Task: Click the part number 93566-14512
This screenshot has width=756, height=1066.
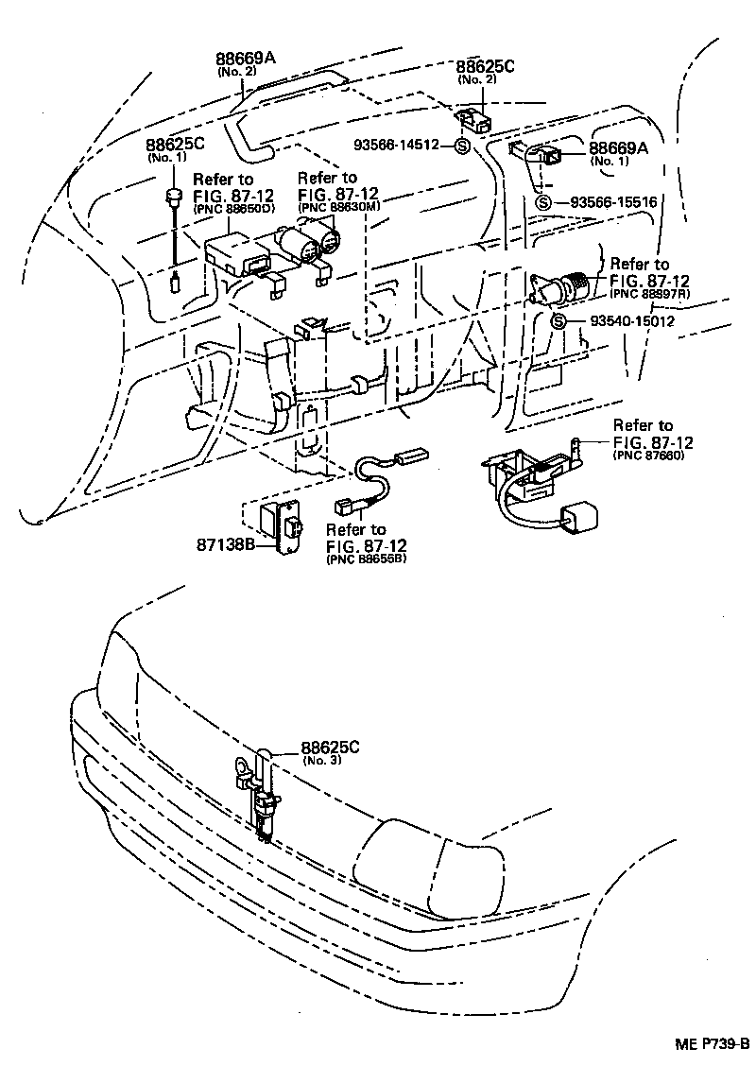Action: (x=404, y=146)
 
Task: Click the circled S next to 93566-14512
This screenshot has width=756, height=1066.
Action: (x=462, y=146)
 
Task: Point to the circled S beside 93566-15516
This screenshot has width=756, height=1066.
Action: (x=542, y=202)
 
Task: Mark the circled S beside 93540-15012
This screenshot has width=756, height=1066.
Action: (x=558, y=322)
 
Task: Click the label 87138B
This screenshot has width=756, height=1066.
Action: (x=224, y=545)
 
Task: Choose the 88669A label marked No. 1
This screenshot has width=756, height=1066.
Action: (x=619, y=148)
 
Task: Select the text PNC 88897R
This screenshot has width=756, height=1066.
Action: (x=650, y=295)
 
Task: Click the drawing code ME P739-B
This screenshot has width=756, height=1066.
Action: (x=712, y=1043)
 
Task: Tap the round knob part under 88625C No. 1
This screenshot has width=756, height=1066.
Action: (x=173, y=196)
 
